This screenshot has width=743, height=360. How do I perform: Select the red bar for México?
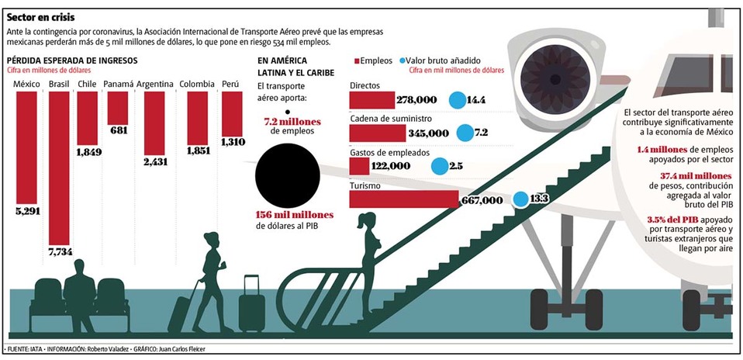(27, 147)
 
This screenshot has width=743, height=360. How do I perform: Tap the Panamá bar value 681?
(119, 130)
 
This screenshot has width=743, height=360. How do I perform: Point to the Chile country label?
(87, 84)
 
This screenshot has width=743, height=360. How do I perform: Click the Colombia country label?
(196, 84)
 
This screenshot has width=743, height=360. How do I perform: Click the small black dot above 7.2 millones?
(289, 111)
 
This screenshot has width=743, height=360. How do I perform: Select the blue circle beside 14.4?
(457, 100)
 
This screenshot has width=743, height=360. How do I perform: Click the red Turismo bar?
(403, 199)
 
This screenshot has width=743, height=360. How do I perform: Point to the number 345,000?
(428, 133)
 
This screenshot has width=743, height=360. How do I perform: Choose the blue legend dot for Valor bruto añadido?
(403, 60)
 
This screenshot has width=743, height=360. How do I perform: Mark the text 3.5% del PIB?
(672, 220)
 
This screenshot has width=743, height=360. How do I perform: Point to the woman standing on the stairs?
(370, 248)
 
